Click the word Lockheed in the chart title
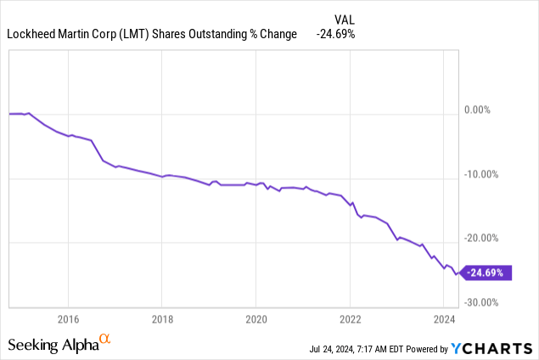click(x=31, y=34)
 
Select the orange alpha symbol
click(x=106, y=340)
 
